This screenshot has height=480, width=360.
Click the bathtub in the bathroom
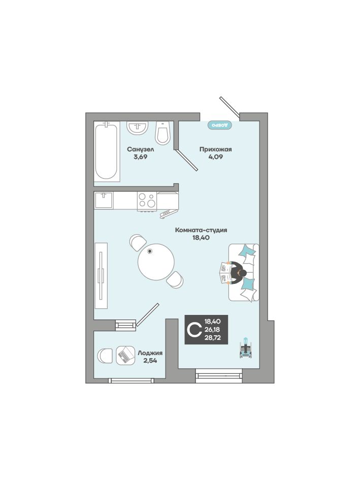tap(106, 151)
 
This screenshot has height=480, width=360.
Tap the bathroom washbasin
tap(138, 127)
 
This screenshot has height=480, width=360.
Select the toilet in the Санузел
tap(162, 133)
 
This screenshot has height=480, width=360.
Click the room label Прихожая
tap(215, 149)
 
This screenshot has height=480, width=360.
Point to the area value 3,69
tap(141, 157)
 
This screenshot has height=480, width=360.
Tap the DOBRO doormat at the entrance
tap(219, 125)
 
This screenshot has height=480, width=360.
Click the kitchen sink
tap(104, 201)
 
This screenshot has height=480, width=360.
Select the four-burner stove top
tap(147, 201)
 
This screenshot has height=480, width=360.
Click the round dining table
tap(156, 262)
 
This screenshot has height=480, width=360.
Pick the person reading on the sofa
tap(233, 273)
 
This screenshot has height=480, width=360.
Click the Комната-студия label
tap(201, 230)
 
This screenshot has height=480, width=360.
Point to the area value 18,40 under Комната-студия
tap(201, 237)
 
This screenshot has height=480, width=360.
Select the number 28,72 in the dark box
tap(212, 338)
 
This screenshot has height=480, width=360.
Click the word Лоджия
tap(150, 353)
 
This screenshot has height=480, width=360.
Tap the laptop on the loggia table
tap(125, 355)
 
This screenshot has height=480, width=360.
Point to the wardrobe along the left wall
tap(101, 275)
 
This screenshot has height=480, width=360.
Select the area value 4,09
tap(215, 157)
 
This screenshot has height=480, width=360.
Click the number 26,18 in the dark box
tap(212, 330)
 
